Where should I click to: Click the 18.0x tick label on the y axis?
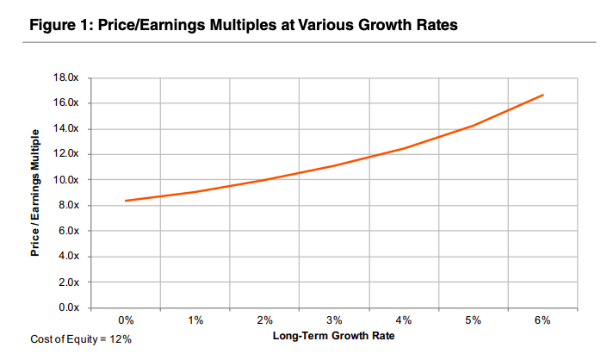(66, 78)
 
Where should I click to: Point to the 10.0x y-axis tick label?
(66, 180)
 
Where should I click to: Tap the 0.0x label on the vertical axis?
(69, 307)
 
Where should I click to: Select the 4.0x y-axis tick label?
(69, 257)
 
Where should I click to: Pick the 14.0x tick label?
(66, 129)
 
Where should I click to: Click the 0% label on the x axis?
(127, 320)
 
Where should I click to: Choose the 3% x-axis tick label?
(335, 320)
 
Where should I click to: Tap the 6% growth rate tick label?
(542, 320)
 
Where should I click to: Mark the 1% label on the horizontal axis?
(195, 320)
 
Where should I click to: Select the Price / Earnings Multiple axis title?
(35, 193)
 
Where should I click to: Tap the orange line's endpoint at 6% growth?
(542, 95)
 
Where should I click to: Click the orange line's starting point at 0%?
(127, 201)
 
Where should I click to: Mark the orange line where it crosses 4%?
(404, 148)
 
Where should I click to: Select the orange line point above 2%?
(265, 179)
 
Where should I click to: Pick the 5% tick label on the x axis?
(474, 320)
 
